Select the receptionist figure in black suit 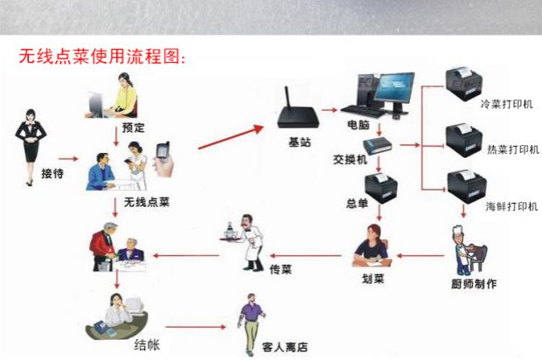[x=30, y=140]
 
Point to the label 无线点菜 [x=146, y=203]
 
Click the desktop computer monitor [x=385, y=88]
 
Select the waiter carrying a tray [x=247, y=235]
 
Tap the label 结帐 [x=146, y=344]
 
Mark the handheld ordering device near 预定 [x=163, y=157]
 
